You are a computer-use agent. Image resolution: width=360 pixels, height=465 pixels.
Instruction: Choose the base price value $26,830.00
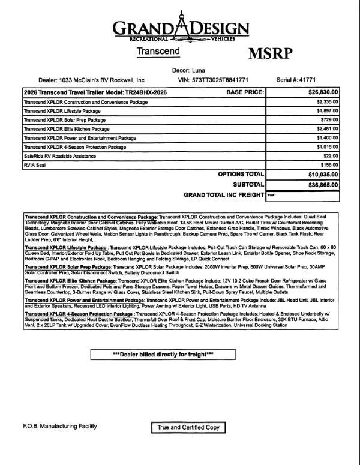tap(323, 93)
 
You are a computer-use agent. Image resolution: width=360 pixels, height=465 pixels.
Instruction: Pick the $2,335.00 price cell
tap(326, 103)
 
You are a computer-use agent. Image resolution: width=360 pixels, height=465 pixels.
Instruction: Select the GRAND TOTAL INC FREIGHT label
tap(224, 196)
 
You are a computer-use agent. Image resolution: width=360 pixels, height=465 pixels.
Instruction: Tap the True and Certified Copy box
tap(189, 427)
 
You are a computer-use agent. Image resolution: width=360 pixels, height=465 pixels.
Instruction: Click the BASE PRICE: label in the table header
tap(246, 93)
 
